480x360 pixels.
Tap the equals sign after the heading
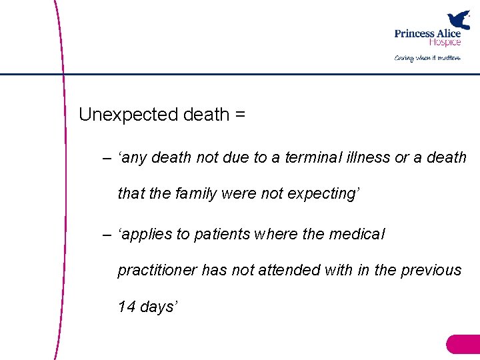[240, 115]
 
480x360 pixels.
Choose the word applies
[147, 235]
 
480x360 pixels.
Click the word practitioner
[158, 270]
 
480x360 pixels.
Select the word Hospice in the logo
[445, 42]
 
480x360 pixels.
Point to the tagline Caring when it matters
[427, 58]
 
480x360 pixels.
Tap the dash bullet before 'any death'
[107, 158]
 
